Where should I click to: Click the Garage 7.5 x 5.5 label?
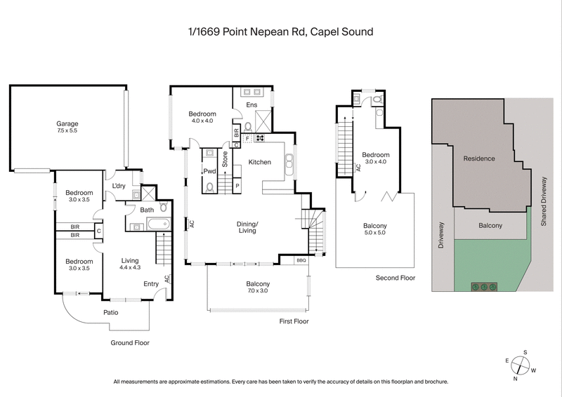pyautogui.click(x=67, y=128)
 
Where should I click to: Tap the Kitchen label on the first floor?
pyautogui.click(x=259, y=163)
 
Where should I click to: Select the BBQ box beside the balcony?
pyautogui.click(x=301, y=260)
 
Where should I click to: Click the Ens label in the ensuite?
pyautogui.click(x=251, y=105)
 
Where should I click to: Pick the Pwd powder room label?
pyautogui.click(x=209, y=171)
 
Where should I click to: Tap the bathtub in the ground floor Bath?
pyautogui.click(x=157, y=224)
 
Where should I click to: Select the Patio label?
pyautogui.click(x=111, y=312)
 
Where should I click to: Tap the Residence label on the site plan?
pyautogui.click(x=479, y=159)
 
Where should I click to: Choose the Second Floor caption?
pyautogui.click(x=396, y=278)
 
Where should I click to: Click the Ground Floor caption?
pyautogui.click(x=130, y=343)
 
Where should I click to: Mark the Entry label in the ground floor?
pyautogui.click(x=151, y=283)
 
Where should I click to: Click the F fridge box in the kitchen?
pyautogui.click(x=248, y=139)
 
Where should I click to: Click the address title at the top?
pyautogui.click(x=280, y=32)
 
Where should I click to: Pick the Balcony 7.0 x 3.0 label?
pyautogui.click(x=258, y=286)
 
